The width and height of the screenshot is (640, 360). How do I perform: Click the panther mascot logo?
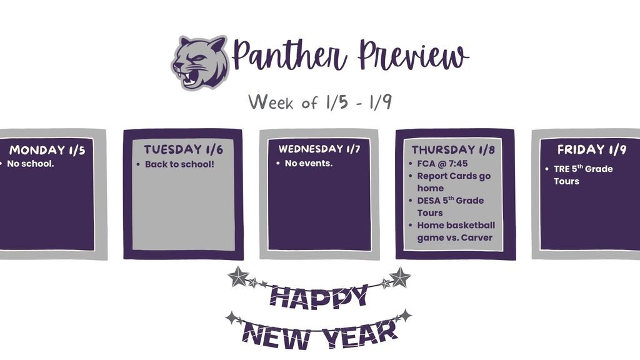[x=200, y=62]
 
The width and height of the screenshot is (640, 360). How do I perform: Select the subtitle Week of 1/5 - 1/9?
[x=319, y=102]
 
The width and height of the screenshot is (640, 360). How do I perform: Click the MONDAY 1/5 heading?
[x=47, y=150]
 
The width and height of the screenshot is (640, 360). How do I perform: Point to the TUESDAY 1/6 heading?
[x=183, y=150]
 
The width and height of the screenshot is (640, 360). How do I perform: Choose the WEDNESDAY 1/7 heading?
[x=319, y=149]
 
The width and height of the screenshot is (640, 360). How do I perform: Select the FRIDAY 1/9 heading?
[x=591, y=150]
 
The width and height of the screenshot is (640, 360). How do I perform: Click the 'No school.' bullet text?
[x=31, y=164]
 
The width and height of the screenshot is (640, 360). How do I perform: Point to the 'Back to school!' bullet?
[x=179, y=164]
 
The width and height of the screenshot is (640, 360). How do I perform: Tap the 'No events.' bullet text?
[x=309, y=164]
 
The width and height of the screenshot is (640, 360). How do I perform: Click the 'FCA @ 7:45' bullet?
[x=442, y=164]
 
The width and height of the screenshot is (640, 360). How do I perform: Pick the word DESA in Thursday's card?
[x=430, y=201]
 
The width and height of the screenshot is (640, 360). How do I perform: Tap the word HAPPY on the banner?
[x=318, y=296]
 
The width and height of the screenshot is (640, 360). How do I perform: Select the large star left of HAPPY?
[x=238, y=276]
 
